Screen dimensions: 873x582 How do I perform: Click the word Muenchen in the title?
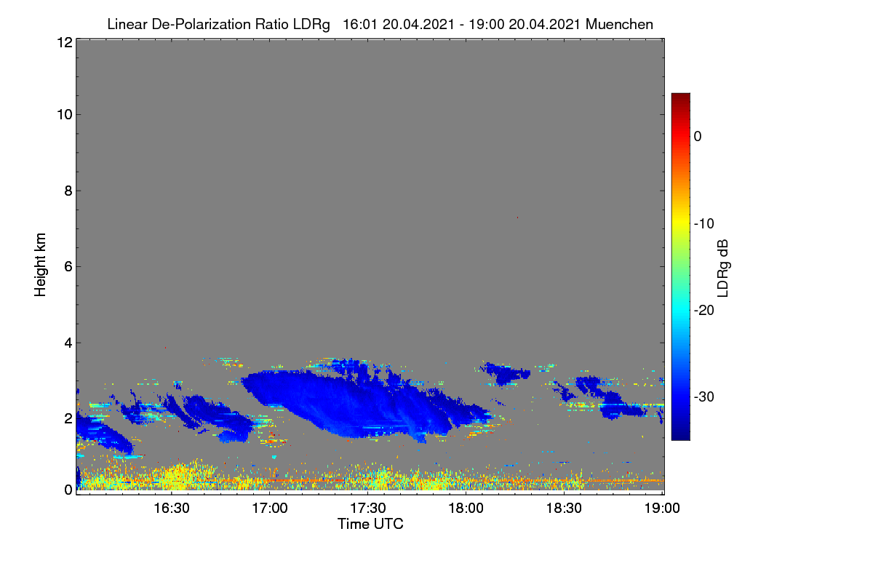[619, 25]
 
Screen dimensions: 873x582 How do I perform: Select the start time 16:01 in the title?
[359, 25]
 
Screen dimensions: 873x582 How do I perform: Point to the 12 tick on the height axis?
[65, 42]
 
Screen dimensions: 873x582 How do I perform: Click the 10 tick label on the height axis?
[65, 115]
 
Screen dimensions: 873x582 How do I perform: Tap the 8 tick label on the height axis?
[68, 191]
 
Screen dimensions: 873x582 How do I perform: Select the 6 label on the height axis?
[68, 267]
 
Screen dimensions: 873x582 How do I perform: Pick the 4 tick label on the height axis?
[68, 343]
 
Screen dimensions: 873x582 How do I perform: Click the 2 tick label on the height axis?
[68, 418]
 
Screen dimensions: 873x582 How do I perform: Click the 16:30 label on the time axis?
[172, 509]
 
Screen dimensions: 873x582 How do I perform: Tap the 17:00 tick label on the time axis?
[270, 509]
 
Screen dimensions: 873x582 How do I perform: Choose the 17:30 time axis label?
[368, 509]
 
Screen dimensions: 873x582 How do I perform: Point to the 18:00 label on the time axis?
[466, 509]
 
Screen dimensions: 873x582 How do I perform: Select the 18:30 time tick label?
[564, 509]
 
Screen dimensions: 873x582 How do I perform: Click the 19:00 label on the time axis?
[662, 509]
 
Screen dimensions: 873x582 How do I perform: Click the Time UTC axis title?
[370, 524]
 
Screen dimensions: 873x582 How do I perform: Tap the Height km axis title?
[40, 265]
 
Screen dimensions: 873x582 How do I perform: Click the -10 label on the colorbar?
[704, 224]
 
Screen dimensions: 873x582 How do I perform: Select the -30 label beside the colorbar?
[704, 396]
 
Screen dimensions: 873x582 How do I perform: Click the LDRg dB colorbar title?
[723, 268]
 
